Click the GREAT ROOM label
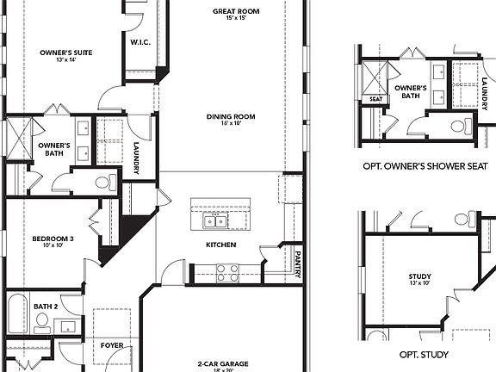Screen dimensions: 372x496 [x=237, y=11]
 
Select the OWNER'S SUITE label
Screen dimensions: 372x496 [x=66, y=53]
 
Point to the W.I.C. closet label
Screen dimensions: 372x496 [x=140, y=41]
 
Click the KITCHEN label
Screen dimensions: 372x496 [x=220, y=245]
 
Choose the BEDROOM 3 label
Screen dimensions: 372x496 [x=53, y=238]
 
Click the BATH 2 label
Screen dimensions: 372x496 [x=46, y=306]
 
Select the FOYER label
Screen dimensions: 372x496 [x=112, y=345]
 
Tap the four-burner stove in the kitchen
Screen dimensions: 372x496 [x=226, y=272]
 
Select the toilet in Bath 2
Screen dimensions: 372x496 [x=42, y=322]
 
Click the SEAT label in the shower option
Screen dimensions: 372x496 [x=375, y=99]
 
